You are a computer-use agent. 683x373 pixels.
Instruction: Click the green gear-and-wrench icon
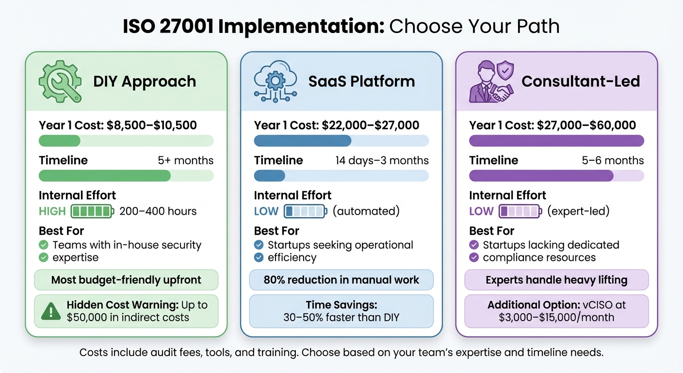tap(60, 81)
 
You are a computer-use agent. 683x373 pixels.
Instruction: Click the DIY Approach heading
tap(145, 81)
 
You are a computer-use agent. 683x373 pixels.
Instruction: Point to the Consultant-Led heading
tap(581, 81)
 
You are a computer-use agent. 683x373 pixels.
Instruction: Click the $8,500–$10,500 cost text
tap(151, 125)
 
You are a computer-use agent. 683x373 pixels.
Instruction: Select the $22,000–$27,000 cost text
tap(371, 125)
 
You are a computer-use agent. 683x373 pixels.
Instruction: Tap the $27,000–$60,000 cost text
tap(586, 125)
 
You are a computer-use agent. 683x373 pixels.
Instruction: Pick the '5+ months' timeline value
tap(186, 160)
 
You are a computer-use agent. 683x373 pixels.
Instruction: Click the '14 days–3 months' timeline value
tap(382, 160)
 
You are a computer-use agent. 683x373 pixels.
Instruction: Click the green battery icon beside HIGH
tap(93, 211)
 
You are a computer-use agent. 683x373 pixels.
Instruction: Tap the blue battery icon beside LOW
tap(306, 211)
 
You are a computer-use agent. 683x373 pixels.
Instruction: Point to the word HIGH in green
tap(52, 211)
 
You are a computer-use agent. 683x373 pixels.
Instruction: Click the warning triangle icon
tap(51, 311)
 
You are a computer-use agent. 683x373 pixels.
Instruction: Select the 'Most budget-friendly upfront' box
tap(126, 280)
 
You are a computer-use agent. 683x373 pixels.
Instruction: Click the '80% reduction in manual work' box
tap(341, 280)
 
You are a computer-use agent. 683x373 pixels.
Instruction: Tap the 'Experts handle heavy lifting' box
tap(556, 280)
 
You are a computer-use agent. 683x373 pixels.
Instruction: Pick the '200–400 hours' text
tap(158, 211)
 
